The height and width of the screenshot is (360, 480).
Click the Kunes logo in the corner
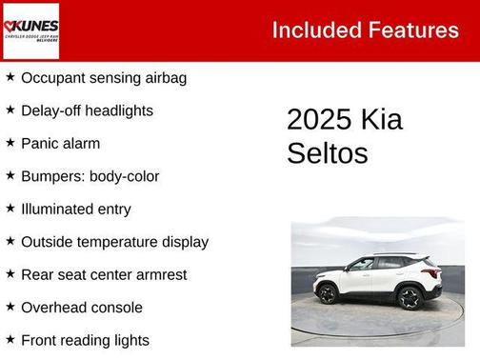coord(30,30)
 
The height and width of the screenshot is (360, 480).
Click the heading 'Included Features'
coord(365,30)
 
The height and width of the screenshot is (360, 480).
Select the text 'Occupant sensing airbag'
coord(103,78)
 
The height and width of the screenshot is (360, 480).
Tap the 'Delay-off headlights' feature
coord(87,110)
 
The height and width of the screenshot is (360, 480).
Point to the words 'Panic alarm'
coord(60,144)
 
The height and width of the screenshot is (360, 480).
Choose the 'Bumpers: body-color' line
coord(90,176)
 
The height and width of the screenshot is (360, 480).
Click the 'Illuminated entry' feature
coord(75,210)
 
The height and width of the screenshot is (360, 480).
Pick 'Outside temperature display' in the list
coord(114,242)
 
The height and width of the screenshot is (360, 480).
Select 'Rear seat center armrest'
coord(104,275)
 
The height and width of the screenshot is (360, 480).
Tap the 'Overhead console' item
coord(81,308)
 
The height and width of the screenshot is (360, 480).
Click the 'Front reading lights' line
coord(85,340)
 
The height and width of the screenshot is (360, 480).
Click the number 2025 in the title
coord(319,120)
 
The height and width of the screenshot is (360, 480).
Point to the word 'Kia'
coord(381,120)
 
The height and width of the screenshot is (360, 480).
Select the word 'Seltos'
coord(327,153)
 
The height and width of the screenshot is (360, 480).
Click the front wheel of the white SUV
coord(328,293)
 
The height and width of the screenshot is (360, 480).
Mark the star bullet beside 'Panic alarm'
coord(10,143)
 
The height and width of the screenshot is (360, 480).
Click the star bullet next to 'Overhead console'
coord(10,307)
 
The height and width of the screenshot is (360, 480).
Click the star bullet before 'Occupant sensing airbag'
coord(10,77)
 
